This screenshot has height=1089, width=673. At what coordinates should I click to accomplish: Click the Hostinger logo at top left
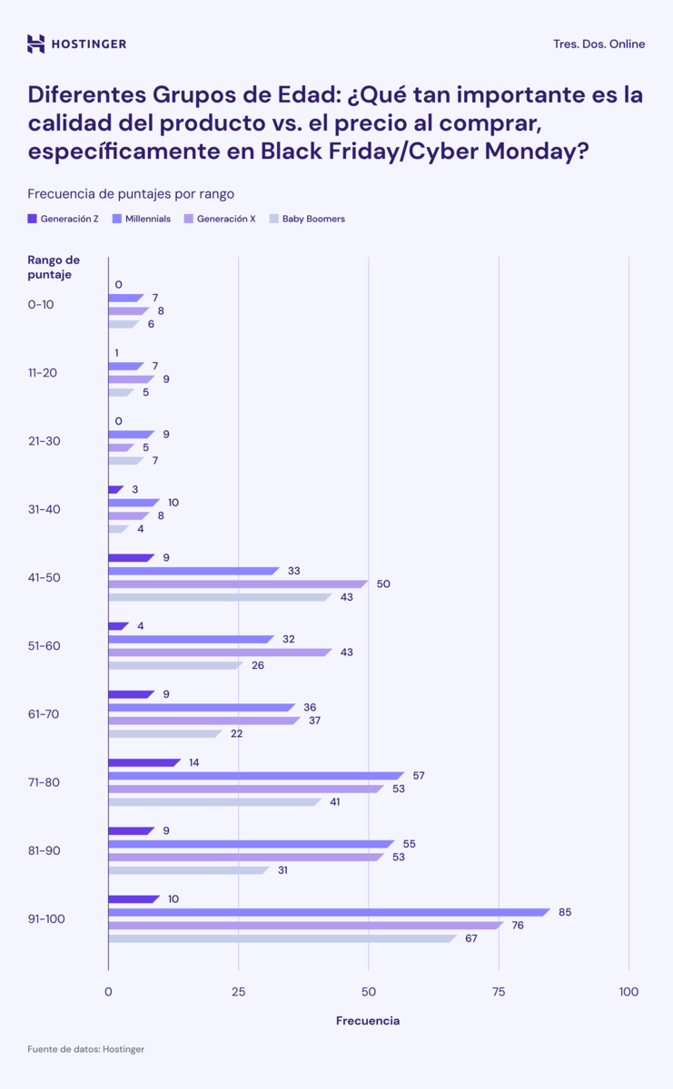click(76, 44)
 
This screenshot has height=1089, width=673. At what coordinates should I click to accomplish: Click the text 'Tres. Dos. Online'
click(599, 44)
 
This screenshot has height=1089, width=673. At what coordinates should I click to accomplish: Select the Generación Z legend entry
click(64, 219)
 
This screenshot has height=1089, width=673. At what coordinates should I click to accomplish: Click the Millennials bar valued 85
click(327, 912)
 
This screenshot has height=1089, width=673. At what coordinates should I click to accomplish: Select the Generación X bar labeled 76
click(304, 926)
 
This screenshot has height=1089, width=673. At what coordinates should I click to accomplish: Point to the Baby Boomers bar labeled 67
click(281, 938)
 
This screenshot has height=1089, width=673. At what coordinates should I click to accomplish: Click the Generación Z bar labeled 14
click(143, 762)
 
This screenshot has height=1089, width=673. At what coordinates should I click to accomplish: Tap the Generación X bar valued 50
click(236, 584)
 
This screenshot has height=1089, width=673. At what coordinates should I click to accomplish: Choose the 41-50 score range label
click(45, 577)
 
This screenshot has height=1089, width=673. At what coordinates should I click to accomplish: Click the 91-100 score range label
click(46, 918)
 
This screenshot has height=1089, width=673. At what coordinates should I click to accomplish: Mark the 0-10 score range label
click(41, 304)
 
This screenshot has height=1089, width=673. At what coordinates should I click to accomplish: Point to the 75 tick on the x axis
click(499, 991)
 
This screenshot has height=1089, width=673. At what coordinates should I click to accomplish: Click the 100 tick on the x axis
click(628, 991)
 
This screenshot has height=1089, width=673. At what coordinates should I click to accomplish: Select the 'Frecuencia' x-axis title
click(368, 1021)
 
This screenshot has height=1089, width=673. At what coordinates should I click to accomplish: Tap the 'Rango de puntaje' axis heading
click(54, 267)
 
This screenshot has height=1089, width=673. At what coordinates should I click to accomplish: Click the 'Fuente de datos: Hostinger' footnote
click(85, 1049)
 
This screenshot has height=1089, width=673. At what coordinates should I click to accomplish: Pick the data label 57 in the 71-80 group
click(419, 776)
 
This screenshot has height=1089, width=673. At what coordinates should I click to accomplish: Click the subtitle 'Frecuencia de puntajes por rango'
click(131, 193)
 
